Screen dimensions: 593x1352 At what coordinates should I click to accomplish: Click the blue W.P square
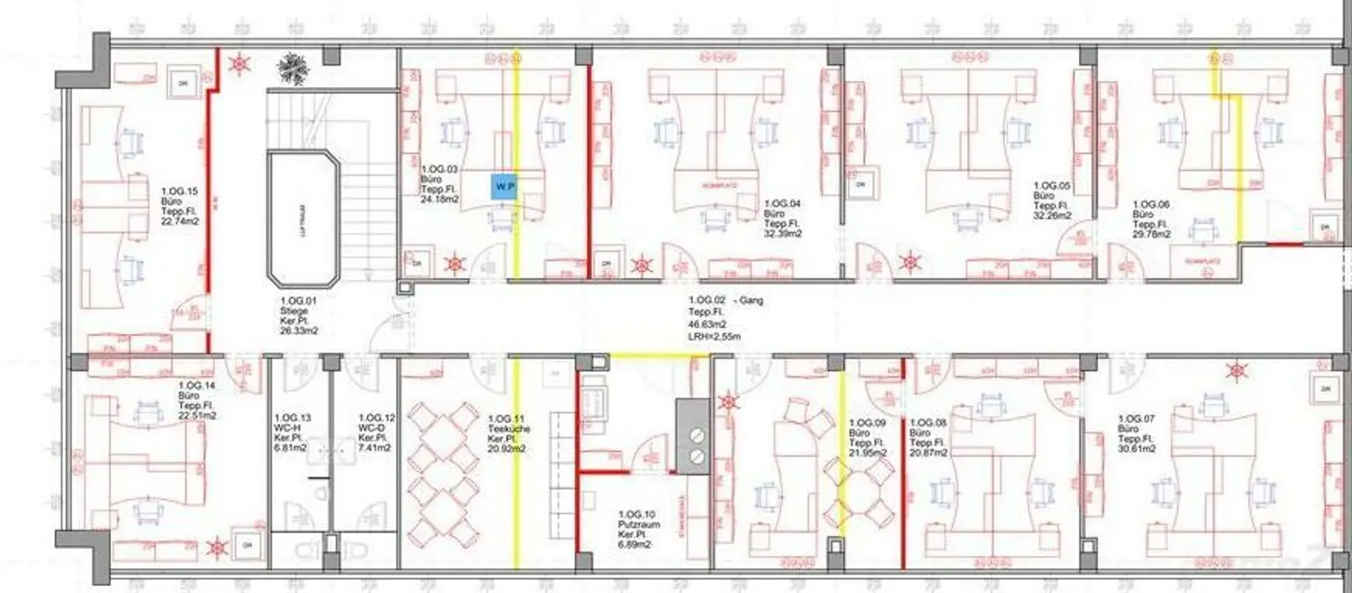click(503, 187)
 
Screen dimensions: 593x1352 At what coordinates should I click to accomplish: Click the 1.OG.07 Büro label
click(1136, 434)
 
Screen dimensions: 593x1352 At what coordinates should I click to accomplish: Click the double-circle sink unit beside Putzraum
click(698, 445)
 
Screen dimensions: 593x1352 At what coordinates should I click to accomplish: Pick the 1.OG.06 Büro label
click(1151, 219)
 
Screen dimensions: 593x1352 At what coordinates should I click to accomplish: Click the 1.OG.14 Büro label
click(197, 400)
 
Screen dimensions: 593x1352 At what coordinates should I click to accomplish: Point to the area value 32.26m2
click(1053, 215)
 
